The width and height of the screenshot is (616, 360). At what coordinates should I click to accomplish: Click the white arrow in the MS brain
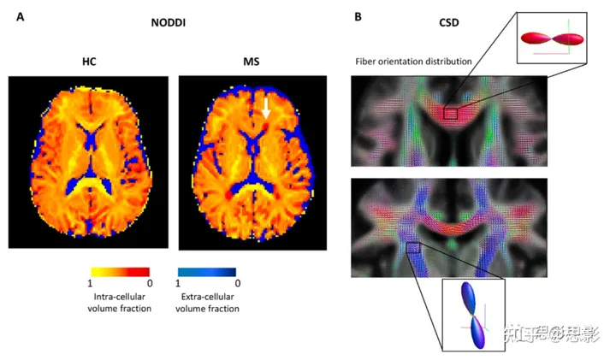coord(266,107)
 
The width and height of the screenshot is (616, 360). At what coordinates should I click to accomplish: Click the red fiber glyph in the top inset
coord(554,38)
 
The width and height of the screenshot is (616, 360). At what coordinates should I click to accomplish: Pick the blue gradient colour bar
coord(207,271)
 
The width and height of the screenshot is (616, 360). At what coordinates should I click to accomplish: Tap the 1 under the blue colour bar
coord(178,283)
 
